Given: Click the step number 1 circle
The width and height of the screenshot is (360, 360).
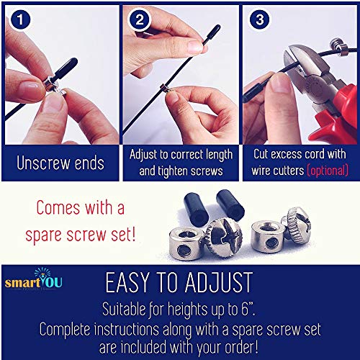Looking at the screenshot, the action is (20, 19).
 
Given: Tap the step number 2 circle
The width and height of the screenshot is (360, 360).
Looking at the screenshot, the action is (140, 19).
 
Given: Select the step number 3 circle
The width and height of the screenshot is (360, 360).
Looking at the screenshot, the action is (259, 19).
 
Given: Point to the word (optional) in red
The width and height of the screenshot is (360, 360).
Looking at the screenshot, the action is (328, 171).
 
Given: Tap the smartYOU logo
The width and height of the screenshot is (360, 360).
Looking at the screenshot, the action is (34, 279).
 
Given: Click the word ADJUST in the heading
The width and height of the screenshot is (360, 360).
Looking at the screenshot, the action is (219, 282).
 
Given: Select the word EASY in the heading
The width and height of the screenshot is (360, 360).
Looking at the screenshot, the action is (127, 282).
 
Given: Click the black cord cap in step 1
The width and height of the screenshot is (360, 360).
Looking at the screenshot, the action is (66, 68).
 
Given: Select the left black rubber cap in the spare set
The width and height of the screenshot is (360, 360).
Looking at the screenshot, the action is (196, 207).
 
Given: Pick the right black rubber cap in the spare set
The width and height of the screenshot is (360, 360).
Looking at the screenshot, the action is (230, 204).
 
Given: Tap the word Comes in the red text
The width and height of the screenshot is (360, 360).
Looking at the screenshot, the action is (58, 207).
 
